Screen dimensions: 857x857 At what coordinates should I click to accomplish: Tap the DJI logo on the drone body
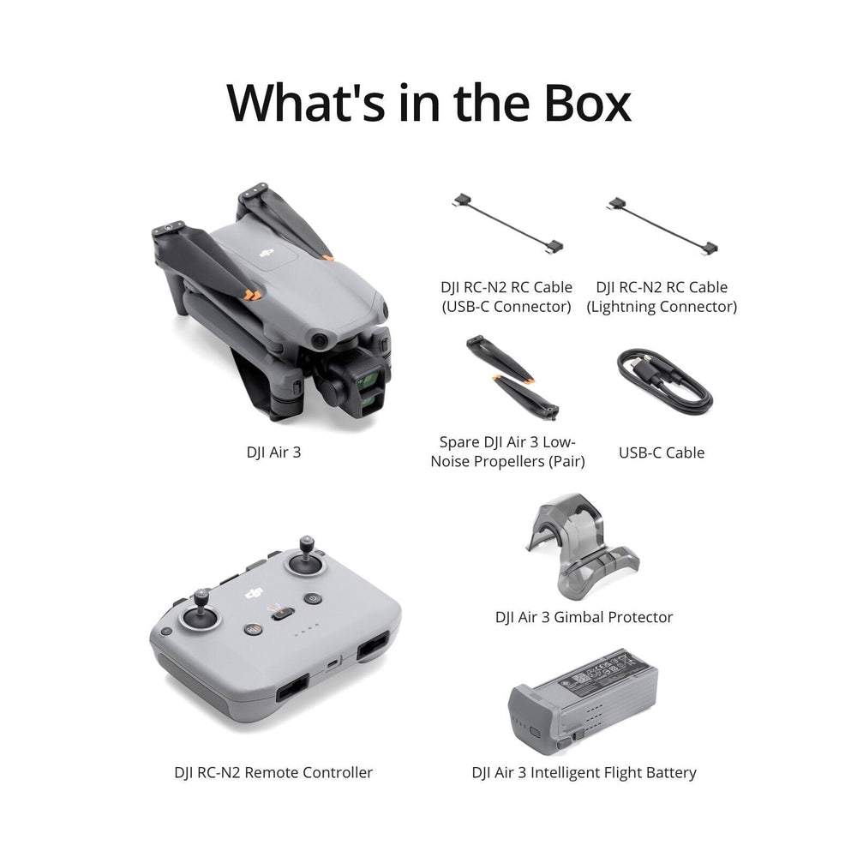(x=268, y=252)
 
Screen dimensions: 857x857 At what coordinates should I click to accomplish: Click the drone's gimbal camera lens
(x=366, y=374)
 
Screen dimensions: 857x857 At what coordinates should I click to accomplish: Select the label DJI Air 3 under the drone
(x=273, y=452)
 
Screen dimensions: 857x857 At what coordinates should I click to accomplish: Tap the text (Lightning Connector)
(x=661, y=307)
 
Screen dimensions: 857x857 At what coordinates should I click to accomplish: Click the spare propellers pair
(x=512, y=376)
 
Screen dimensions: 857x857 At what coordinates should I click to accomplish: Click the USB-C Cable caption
(x=661, y=452)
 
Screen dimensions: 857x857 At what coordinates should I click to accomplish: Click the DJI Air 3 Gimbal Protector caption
(x=584, y=617)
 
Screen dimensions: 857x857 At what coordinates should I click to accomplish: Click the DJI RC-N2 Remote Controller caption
(x=273, y=773)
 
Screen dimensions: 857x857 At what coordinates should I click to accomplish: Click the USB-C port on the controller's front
(x=332, y=662)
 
